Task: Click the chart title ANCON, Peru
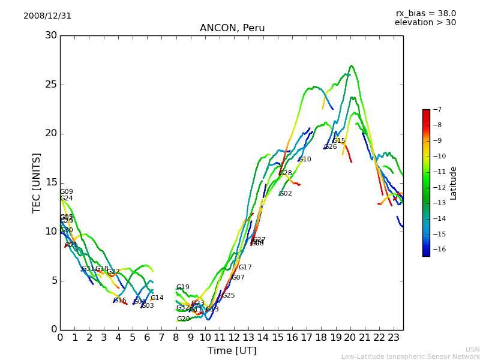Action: pyautogui.click(x=232, y=28)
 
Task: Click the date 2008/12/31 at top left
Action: pyautogui.click(x=47, y=16)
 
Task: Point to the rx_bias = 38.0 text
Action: pyautogui.click(x=425, y=14)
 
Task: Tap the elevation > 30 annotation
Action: pyautogui.click(x=425, y=23)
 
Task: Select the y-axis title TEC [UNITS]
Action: pyautogui.click(x=37, y=182)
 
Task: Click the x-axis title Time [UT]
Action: pyautogui.click(x=232, y=351)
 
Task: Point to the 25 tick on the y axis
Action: pyautogui.click(x=50, y=85)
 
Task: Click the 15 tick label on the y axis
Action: pyautogui.click(x=50, y=182)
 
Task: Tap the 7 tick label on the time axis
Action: pyautogui.click(x=161, y=337)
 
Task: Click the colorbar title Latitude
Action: pyautogui.click(x=454, y=183)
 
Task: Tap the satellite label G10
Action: pyautogui.click(x=305, y=160)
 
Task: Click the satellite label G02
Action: pyautogui.click(x=286, y=194)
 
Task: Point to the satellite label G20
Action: pyautogui.click(x=183, y=319)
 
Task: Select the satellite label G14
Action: pyautogui.click(x=157, y=298)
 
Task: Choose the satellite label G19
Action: pyautogui.click(x=182, y=287)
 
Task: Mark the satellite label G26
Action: pyautogui.click(x=331, y=147)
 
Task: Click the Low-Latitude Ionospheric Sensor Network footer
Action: pyautogui.click(x=410, y=356)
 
